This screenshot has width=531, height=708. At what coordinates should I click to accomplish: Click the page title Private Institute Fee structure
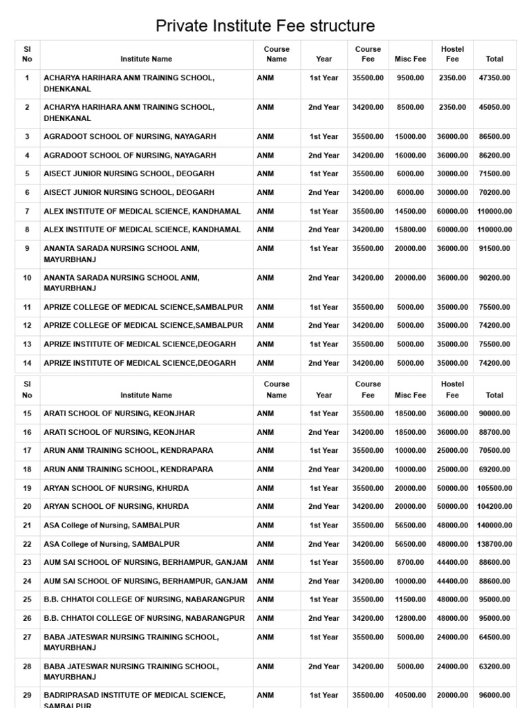coord(265,26)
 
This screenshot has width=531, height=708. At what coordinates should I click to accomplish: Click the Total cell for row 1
coord(494,78)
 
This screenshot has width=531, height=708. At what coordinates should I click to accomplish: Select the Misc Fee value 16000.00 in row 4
coord(410,156)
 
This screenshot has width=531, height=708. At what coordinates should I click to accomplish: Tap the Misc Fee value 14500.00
coord(410,212)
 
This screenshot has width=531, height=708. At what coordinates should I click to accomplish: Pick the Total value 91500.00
coord(494,248)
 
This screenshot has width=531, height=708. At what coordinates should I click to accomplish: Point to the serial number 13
coord(27,344)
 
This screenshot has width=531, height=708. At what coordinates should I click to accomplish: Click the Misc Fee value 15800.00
coord(410,230)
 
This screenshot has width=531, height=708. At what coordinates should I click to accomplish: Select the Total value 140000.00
coord(494,525)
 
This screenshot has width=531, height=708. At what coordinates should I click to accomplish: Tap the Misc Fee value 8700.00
coord(410,563)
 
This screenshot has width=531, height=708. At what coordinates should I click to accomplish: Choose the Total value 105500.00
coord(494,488)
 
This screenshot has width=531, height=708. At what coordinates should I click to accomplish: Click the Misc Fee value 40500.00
coord(410,695)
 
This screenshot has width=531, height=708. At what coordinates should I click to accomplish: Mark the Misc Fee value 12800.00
coord(410,618)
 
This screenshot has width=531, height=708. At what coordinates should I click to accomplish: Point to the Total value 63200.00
coord(494,667)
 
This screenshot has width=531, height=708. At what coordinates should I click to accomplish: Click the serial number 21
coord(27,525)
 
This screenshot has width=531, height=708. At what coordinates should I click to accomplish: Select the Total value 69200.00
coord(494,469)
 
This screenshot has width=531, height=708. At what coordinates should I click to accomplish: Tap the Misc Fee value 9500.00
coord(410,78)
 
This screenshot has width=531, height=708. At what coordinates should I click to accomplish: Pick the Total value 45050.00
coord(494,108)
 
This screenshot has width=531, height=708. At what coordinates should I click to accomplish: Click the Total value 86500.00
coord(494,137)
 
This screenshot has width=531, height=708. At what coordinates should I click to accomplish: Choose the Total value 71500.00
coord(494,174)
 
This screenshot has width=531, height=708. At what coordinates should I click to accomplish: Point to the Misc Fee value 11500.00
coord(410,599)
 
